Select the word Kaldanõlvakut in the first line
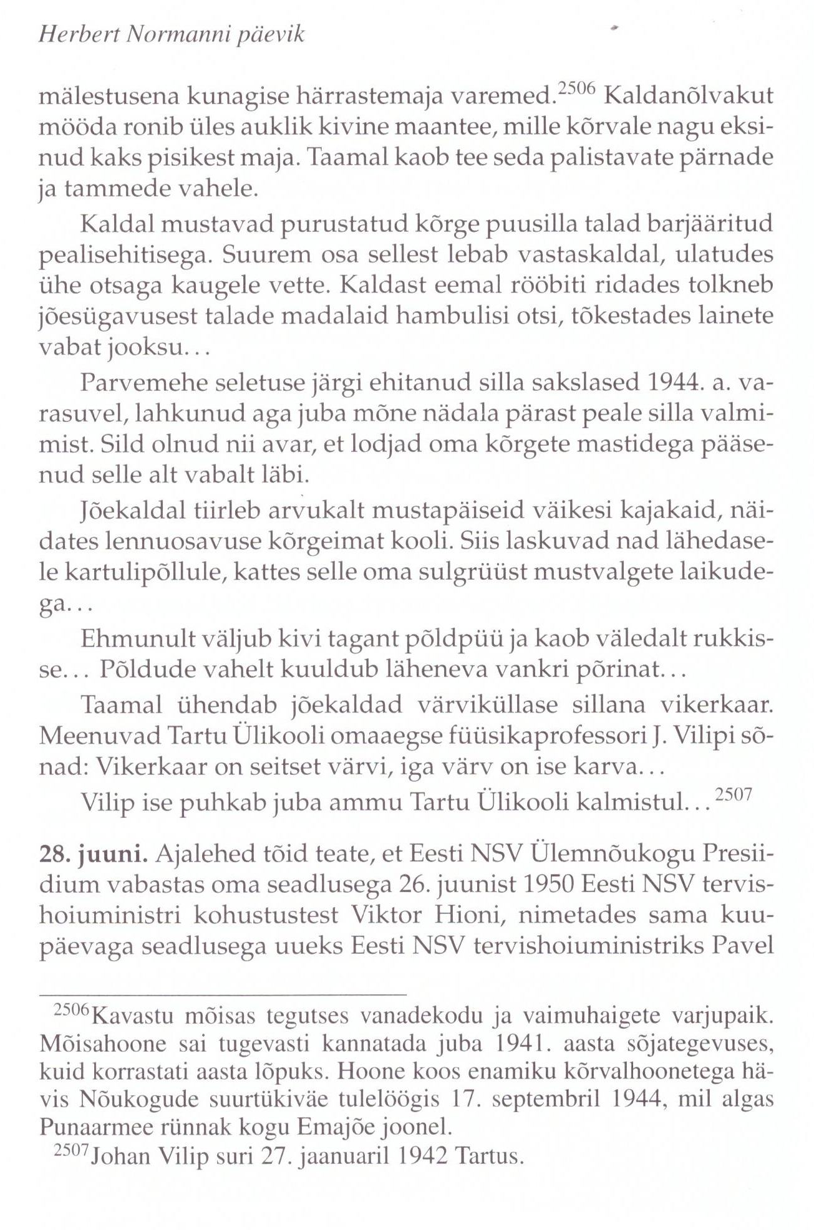point(689,96)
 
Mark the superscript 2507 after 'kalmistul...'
point(734,795)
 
